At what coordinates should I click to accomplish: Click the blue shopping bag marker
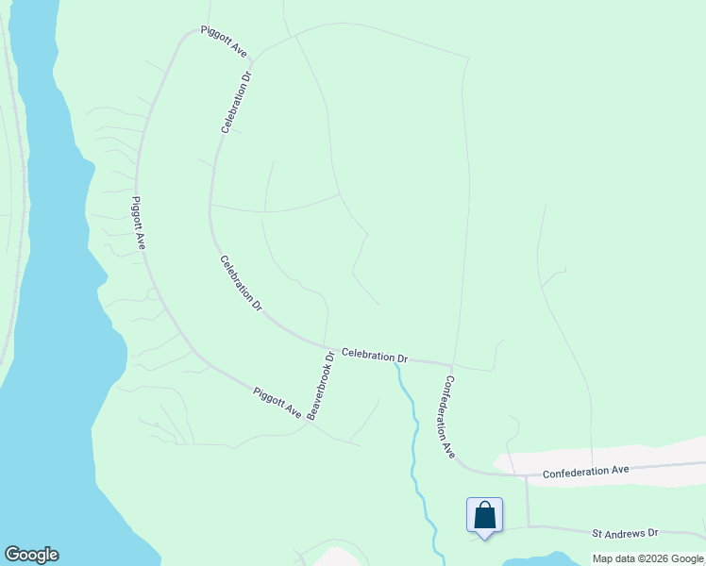click(484, 516)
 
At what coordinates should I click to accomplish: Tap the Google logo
click(31, 555)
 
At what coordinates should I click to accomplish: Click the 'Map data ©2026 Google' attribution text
click(647, 558)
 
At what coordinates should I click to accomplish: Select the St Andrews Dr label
click(624, 533)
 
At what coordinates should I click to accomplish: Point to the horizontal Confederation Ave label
click(585, 470)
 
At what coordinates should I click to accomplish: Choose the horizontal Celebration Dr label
click(375, 356)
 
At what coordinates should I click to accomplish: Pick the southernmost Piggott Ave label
click(277, 402)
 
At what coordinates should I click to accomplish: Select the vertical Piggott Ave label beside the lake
click(139, 223)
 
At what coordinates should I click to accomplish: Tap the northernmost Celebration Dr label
click(236, 101)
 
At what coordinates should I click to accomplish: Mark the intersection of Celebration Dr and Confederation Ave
click(452, 363)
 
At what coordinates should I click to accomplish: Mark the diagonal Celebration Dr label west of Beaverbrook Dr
click(241, 283)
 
